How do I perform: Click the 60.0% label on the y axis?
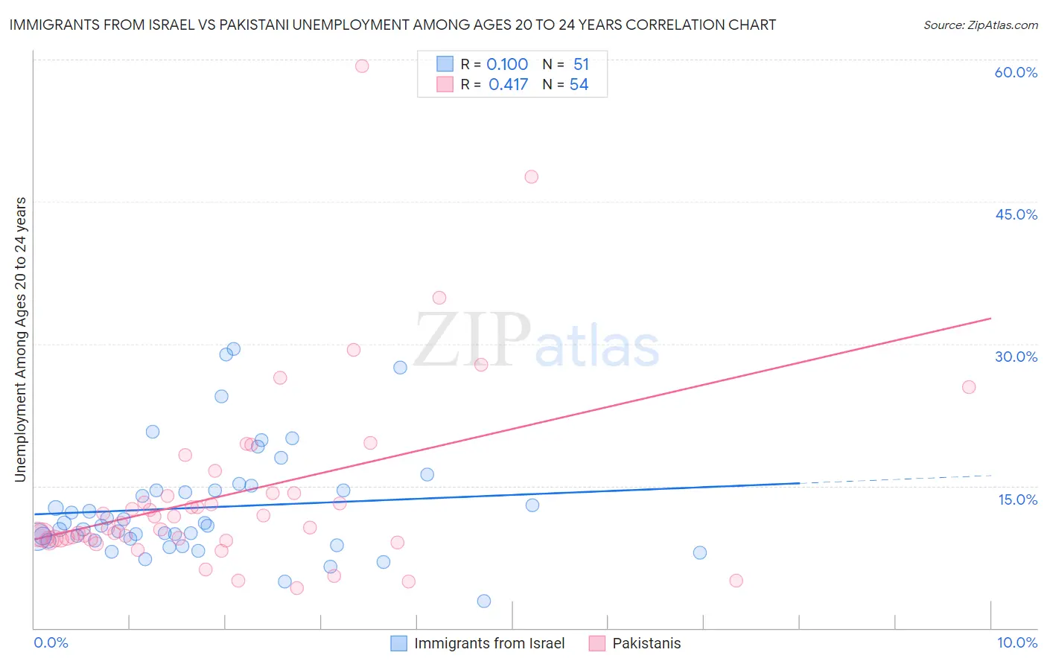[1016, 72]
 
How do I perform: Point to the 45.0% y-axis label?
[1016, 214]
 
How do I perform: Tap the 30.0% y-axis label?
[1016, 357]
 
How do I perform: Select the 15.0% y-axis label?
[1017, 499]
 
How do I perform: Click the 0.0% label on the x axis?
[51, 642]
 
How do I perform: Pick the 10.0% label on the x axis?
[1017, 642]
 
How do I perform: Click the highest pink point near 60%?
[362, 66]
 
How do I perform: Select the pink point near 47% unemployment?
[531, 176]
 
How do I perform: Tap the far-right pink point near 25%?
[969, 387]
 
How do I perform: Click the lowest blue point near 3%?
[484, 601]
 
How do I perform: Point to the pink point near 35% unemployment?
[439, 298]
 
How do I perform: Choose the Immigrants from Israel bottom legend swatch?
[399, 643]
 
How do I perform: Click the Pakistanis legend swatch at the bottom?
[597, 643]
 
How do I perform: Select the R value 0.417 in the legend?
[508, 85]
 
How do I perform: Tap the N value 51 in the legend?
[581, 65]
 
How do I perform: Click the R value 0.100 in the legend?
[507, 65]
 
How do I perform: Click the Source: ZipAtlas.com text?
[980, 25]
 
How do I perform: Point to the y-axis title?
[21, 339]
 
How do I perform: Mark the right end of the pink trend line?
[991, 319]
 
